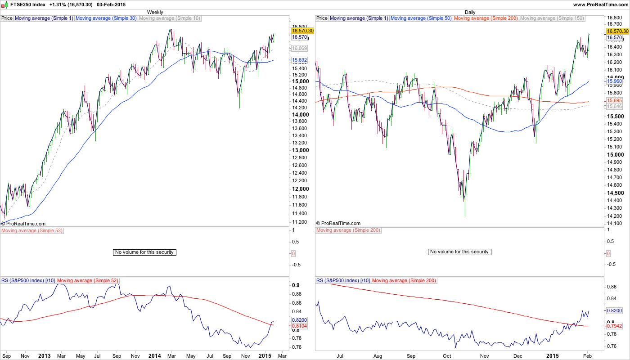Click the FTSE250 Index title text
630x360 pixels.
[28, 4]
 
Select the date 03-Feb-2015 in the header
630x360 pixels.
[111, 4]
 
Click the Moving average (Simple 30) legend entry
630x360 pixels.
[106, 18]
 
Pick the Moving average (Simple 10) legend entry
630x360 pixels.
[170, 18]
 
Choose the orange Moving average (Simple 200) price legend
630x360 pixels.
[486, 18]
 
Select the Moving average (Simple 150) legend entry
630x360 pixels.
[552, 18]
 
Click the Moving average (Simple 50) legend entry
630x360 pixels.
[422, 18]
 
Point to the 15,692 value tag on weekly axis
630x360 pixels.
[300, 60]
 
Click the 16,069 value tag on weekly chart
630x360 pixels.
[300, 48]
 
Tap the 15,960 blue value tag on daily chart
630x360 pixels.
[614, 81]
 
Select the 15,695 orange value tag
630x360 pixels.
[614, 100]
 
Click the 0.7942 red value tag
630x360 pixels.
[614, 326]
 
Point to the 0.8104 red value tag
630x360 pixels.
[300, 325]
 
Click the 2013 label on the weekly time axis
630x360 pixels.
[44, 356]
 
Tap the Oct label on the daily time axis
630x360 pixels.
[447, 356]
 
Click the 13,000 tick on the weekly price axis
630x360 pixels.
[300, 150]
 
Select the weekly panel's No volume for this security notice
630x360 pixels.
[144, 252]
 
